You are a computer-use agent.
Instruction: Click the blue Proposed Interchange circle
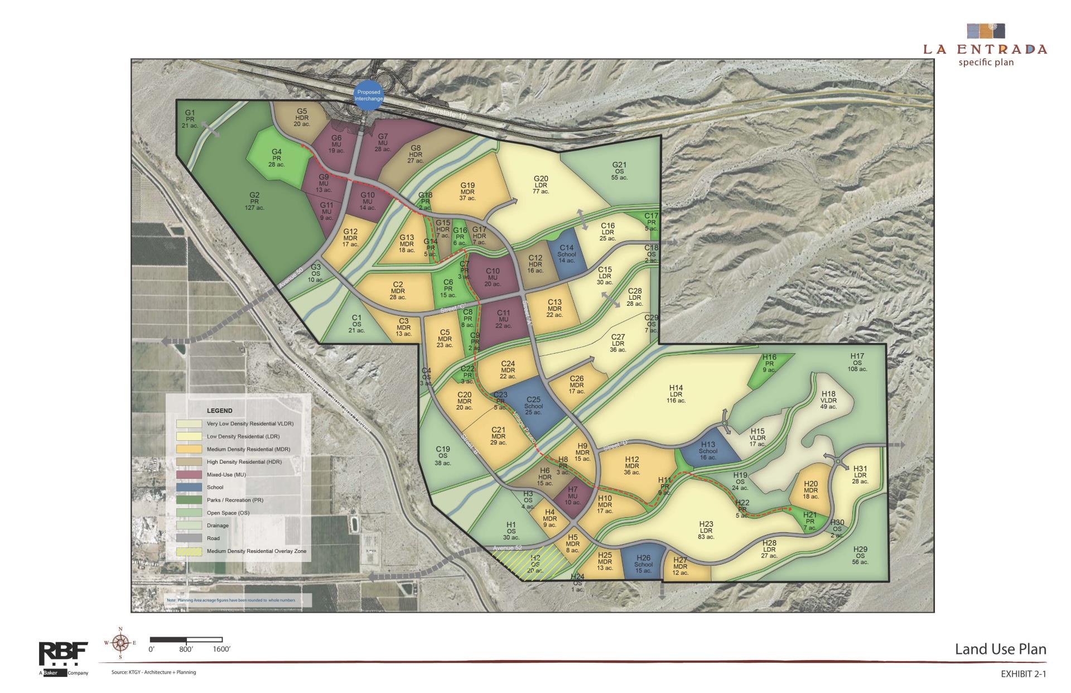[369, 95]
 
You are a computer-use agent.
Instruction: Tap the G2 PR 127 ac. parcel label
[254, 201]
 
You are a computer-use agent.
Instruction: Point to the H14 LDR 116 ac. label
[676, 394]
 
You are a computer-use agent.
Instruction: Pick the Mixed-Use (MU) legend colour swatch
[189, 475]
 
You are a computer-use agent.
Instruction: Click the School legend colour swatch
[189, 488]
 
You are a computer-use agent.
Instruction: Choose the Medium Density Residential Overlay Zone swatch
[189, 551]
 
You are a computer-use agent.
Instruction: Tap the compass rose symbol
[120, 643]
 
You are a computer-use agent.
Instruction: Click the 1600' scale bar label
[221, 649]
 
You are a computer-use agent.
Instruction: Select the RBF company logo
[63, 656]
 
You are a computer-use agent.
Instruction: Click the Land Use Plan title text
[1001, 649]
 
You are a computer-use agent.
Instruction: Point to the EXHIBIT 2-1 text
[1024, 675]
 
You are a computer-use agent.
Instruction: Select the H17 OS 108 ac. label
[857, 363]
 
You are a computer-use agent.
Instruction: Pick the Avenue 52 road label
[507, 548]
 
